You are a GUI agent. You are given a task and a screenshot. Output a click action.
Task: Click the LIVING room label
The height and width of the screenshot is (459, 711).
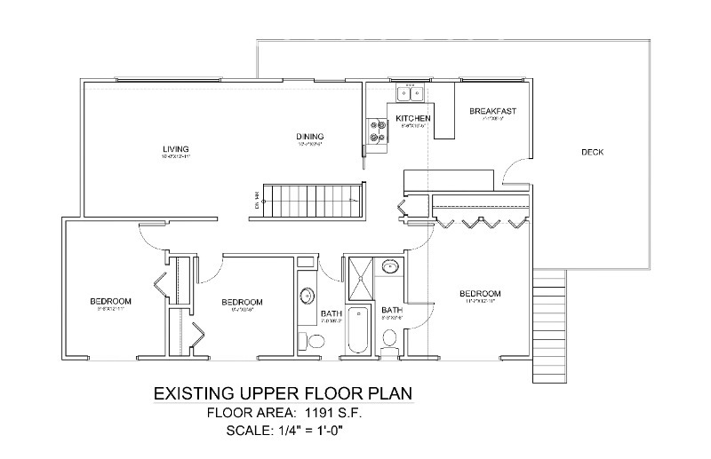click(x=176, y=148)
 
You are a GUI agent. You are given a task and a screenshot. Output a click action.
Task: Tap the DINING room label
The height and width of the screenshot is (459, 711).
click(x=308, y=137)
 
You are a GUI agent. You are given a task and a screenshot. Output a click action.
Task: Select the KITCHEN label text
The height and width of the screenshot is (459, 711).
click(x=413, y=118)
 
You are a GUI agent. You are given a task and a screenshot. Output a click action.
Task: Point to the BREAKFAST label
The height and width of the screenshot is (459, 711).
click(x=492, y=111)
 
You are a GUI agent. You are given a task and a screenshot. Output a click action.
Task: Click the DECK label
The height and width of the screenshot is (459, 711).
click(x=592, y=152)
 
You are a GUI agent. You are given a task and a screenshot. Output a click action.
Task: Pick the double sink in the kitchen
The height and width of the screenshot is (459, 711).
click(x=410, y=92)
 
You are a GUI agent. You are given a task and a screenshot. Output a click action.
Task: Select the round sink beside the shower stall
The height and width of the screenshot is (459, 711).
click(x=389, y=265)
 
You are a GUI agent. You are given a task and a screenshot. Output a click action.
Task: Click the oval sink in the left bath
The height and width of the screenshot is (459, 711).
click(x=306, y=296)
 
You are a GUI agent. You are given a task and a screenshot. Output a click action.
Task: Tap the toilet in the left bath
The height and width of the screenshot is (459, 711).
click(x=305, y=341)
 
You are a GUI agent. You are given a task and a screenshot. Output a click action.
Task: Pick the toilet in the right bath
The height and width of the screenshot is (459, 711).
click(x=389, y=338)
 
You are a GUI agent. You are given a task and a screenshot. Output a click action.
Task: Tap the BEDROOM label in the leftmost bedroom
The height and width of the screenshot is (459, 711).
click(x=110, y=301)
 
